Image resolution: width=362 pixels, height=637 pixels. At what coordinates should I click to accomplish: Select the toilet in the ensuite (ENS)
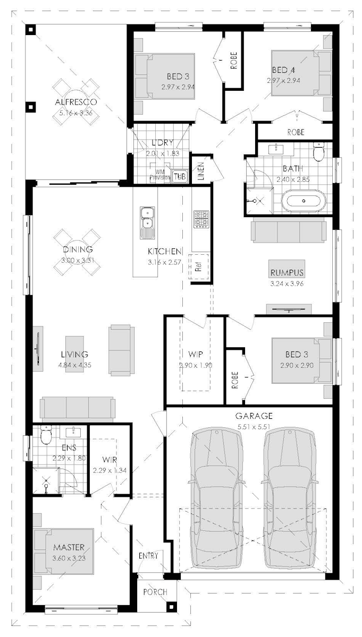tap(46, 436)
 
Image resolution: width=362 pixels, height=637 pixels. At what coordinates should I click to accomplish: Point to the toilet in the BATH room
tap(319, 152)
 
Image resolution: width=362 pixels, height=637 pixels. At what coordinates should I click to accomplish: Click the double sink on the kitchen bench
tap(146, 222)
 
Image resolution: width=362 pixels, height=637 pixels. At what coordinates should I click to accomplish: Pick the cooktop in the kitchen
tap(201, 219)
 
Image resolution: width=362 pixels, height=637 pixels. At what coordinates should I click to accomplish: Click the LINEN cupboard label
tap(201, 171)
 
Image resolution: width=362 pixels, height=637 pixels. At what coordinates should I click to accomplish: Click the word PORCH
tap(155, 592)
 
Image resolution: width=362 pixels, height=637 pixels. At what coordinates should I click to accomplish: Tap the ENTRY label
tap(148, 556)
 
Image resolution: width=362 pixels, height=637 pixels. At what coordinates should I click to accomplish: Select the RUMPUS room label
tap(287, 273)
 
